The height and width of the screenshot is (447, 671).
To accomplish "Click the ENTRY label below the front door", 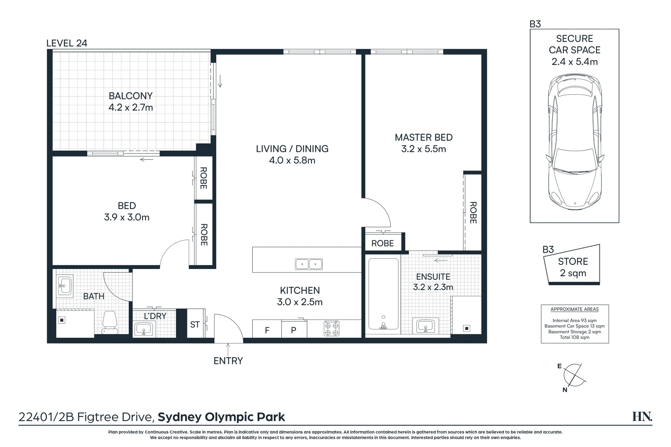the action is coord(228,361).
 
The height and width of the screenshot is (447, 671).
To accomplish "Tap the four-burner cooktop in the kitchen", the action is coord(332,329).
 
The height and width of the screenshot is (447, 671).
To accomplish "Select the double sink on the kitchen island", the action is coord(309,264).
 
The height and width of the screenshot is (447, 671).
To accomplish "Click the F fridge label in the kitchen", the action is coord(267,330).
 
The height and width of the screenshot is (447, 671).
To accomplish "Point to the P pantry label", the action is coord(294,330).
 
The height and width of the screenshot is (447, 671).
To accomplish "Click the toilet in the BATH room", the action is coord(110,322).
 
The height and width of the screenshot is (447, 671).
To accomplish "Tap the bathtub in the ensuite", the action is coord(384,294).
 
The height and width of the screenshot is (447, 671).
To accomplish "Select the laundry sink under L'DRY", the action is coord(144,329).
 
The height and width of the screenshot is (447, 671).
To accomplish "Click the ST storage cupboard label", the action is coord(195,324).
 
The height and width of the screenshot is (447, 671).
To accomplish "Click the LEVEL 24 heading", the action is coord(67,43).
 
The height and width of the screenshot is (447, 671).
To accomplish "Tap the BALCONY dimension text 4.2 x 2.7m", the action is coord(130,107).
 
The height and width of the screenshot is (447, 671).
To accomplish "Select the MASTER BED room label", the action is coord(424,137).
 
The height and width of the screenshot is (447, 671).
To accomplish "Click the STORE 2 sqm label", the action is coord(573,267).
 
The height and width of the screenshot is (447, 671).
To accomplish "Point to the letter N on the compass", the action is coord(565,390).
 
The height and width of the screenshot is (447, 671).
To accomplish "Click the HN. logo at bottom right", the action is coord(642,416).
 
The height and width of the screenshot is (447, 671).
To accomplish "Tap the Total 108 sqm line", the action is coord(574,337).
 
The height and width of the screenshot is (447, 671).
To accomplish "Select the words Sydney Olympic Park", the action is coord(221,417).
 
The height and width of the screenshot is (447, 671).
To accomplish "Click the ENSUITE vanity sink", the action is coord(426,325).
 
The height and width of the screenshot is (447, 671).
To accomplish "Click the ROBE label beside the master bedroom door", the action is coord(383,243).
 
